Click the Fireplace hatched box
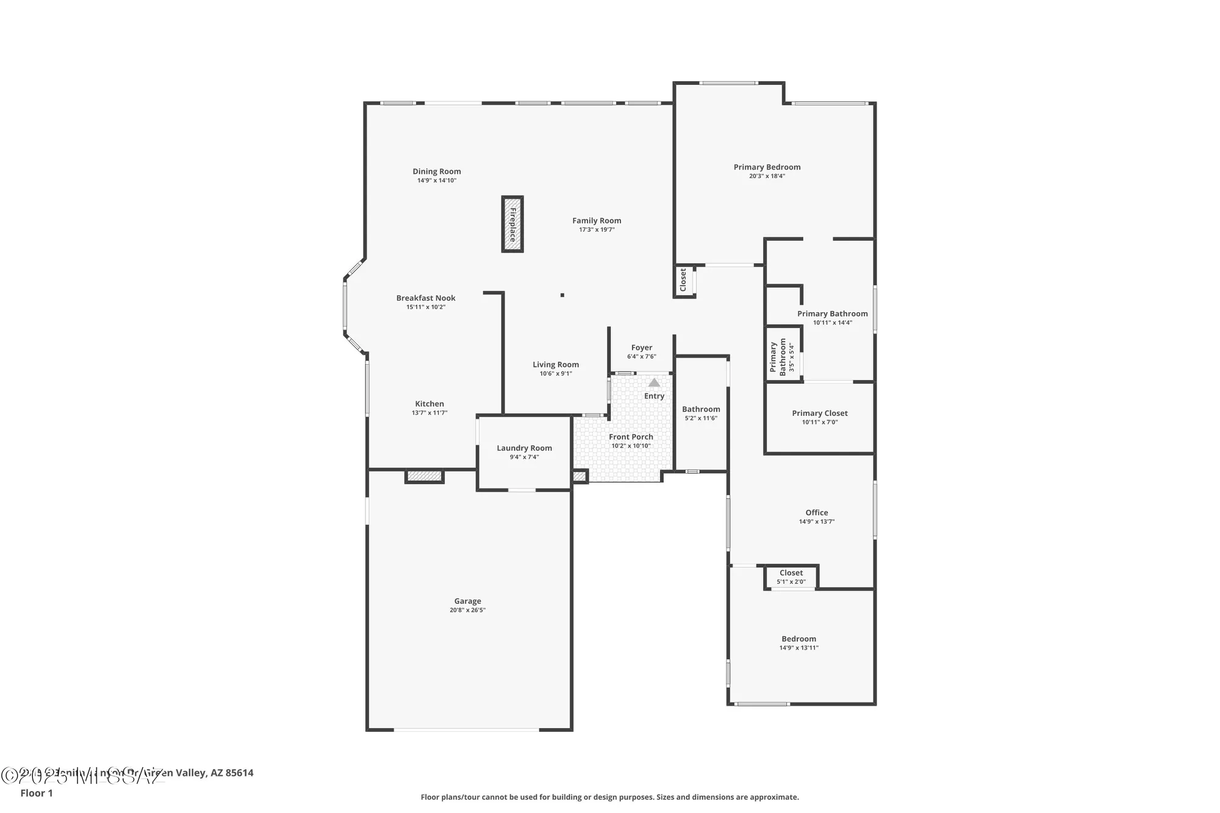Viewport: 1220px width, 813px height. [x=512, y=224]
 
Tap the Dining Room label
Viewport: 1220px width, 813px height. [x=437, y=171]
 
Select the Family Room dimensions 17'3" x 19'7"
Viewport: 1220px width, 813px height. [x=597, y=230]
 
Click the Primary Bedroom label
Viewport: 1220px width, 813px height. [x=767, y=167]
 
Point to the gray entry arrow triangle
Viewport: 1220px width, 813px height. [x=654, y=382]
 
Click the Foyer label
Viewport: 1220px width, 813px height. [x=642, y=348]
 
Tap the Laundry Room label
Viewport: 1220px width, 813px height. [x=524, y=448]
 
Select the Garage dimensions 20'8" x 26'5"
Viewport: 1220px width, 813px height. [x=467, y=610]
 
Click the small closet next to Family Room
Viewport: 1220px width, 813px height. [x=683, y=281]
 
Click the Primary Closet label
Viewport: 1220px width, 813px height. [x=820, y=414]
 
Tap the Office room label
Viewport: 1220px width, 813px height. [x=817, y=513]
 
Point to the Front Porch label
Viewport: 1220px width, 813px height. [x=631, y=437]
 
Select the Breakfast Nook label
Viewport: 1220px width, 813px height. [x=426, y=298]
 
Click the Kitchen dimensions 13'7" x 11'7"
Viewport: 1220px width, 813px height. [x=429, y=413]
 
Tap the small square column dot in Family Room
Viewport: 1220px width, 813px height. [x=562, y=295]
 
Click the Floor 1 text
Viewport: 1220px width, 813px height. [x=37, y=793]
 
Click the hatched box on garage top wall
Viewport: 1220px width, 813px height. [x=425, y=476]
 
